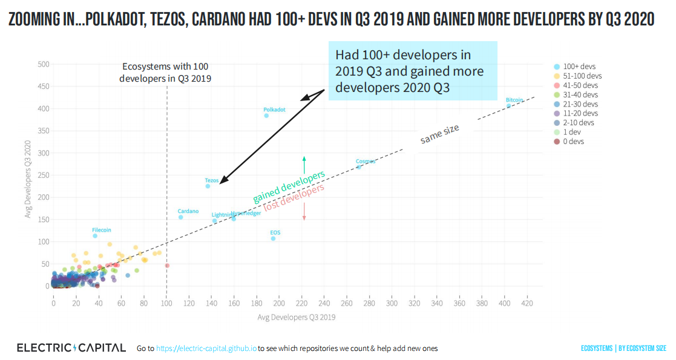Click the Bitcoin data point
[x=509, y=106]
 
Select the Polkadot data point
[x=266, y=116]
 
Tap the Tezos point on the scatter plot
[x=208, y=186]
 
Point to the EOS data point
[x=273, y=238]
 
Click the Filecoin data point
[x=95, y=236]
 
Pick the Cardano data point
[x=180, y=217]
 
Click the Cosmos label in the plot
[x=366, y=162]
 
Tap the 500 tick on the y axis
[x=43, y=64]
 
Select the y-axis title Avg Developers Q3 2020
[x=28, y=179]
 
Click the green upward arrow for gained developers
[x=304, y=164]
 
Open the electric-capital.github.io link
[x=206, y=349]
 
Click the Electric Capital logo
[x=71, y=348]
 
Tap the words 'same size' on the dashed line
[x=440, y=134]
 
